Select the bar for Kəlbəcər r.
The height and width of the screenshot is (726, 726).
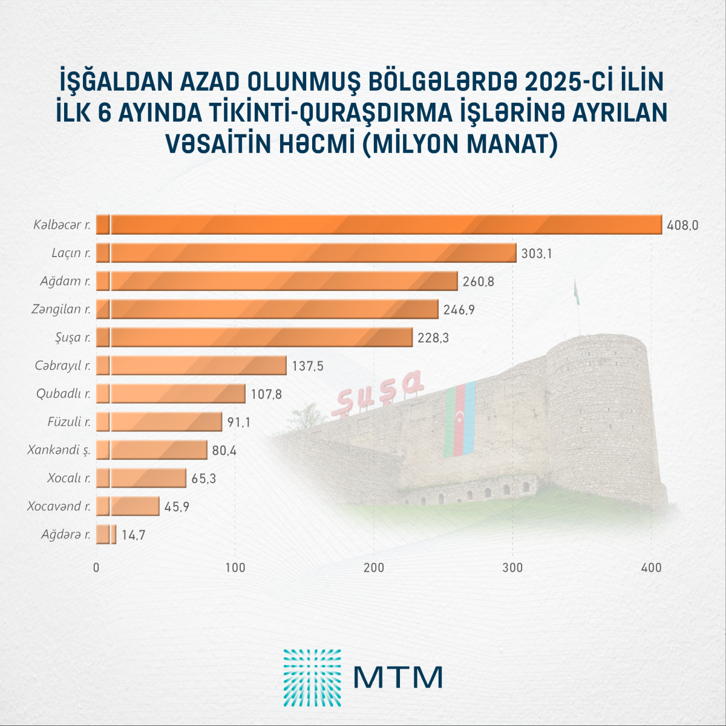[379, 224]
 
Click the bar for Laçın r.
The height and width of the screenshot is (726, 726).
[306, 253]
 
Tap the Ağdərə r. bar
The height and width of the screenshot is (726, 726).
[106, 535]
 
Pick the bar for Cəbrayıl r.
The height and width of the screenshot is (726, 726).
[191, 365]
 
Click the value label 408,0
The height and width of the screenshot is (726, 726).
[682, 225]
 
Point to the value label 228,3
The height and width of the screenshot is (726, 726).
[433, 338]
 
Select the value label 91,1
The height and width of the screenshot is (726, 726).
[238, 422]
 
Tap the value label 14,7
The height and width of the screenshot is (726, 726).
[132, 535]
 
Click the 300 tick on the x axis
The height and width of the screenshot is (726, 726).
[513, 567]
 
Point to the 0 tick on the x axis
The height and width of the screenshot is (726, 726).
[96, 567]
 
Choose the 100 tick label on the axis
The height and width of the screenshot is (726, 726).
[235, 567]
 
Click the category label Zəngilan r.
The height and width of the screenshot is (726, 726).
[61, 309]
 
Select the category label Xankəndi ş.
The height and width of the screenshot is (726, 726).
[59, 450]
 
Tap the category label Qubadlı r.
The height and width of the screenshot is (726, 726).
[64, 394]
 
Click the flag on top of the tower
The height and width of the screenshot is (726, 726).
[577, 294]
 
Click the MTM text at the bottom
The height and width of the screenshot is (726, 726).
[398, 678]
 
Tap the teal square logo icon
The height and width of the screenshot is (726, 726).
[312, 678]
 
